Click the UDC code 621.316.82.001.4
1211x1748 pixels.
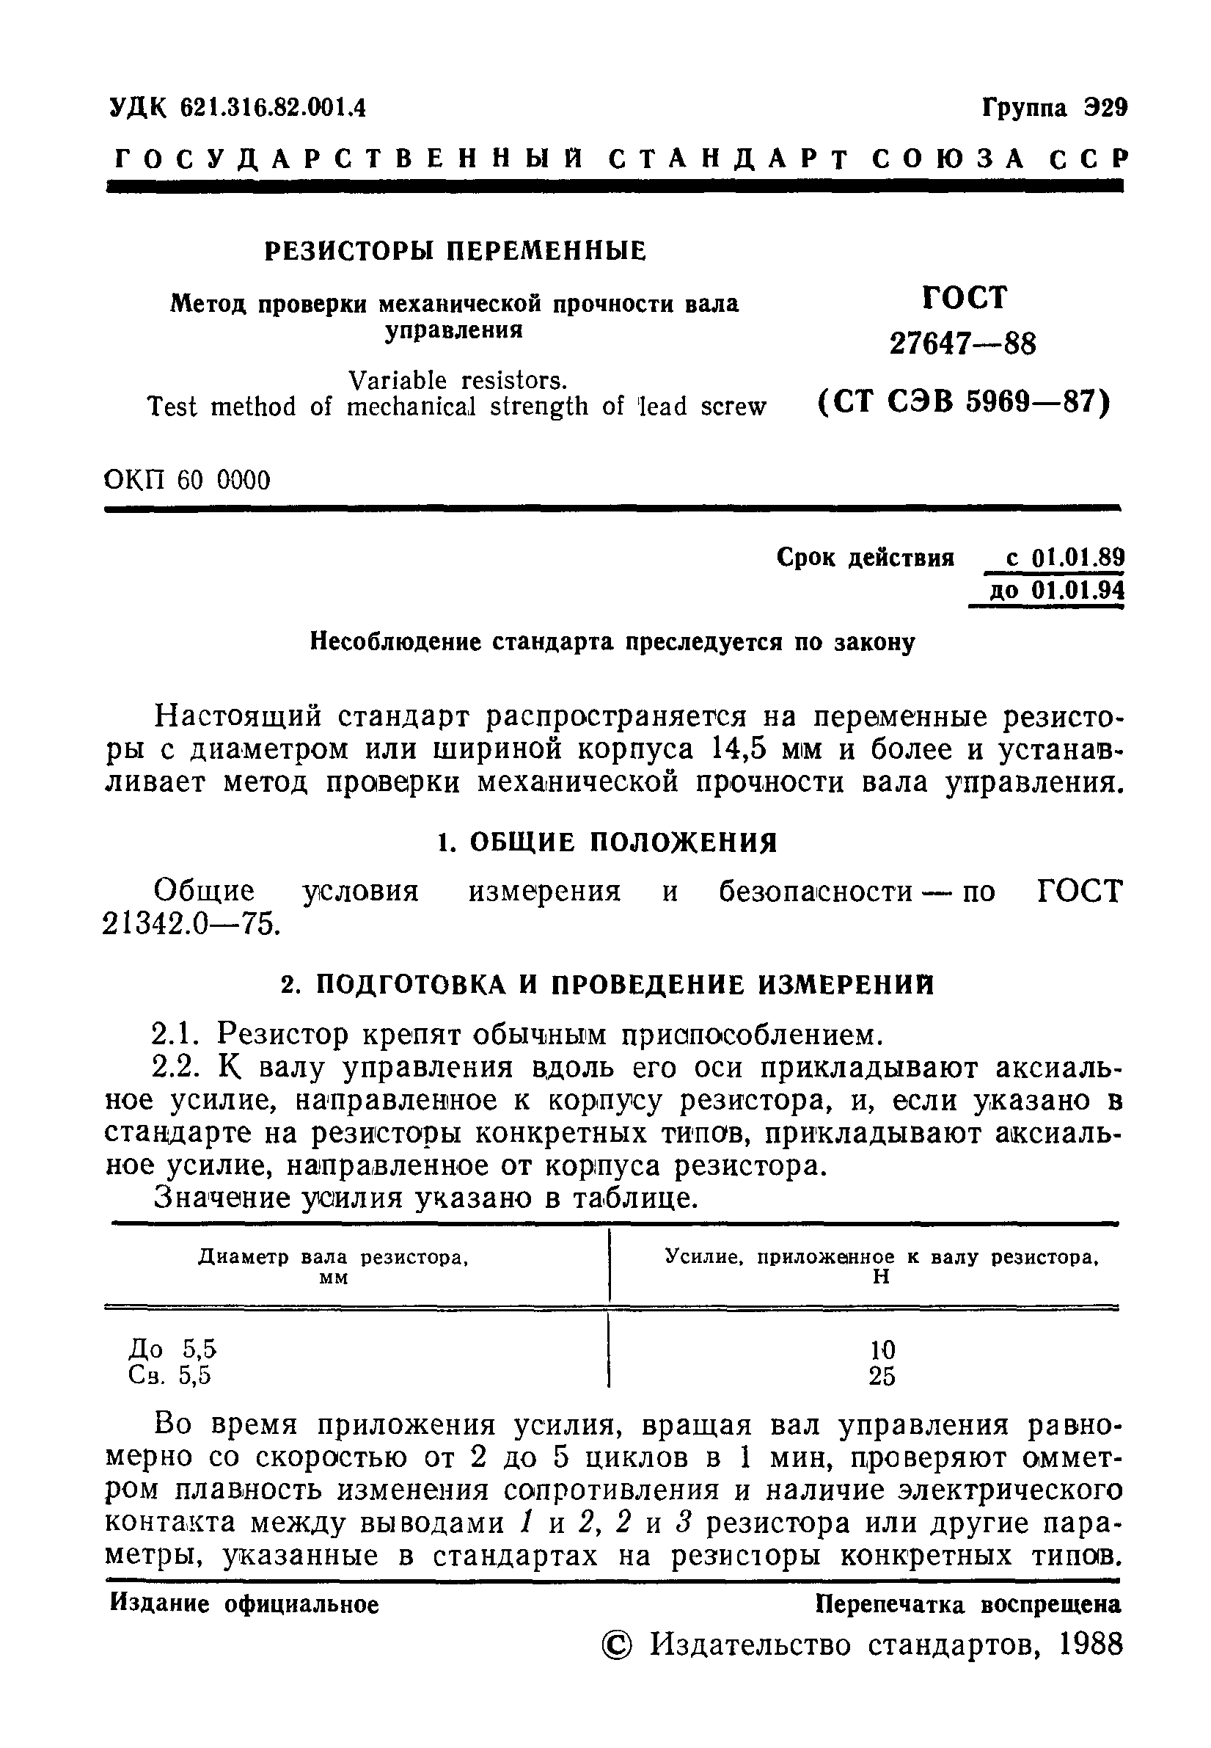(x=273, y=109)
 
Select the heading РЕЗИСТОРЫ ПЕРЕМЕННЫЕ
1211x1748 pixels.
(x=456, y=250)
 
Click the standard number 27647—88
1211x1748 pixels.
(x=962, y=345)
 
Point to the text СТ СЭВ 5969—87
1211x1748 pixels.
(x=965, y=401)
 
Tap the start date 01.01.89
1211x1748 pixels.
(x=1078, y=558)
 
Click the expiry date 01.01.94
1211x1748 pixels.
(x=1078, y=591)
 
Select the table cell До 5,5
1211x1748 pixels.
(x=173, y=1349)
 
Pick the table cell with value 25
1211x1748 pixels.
(x=882, y=1375)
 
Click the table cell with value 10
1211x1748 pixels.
(x=882, y=1350)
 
